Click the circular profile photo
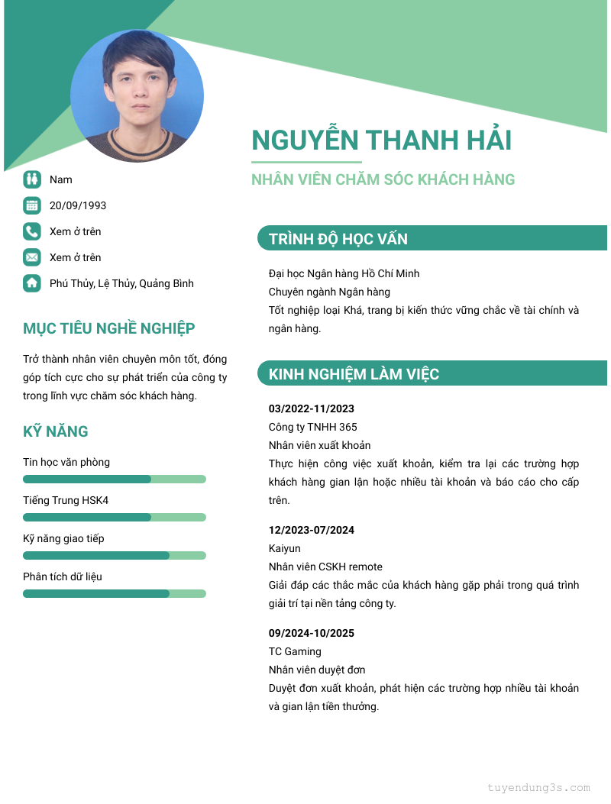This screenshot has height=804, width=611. coord(137,95)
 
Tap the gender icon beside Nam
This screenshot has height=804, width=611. coord(31,179)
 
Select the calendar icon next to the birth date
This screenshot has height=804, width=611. coord(31,205)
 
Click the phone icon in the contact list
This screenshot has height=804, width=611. coord(31,231)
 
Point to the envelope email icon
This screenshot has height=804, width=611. coord(31,257)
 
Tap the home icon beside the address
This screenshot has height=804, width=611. coord(31,283)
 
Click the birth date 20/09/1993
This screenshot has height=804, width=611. coord(78,205)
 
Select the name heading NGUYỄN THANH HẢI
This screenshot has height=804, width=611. coord(381,140)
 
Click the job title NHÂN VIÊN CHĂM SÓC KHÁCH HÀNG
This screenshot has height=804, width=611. coord(383,180)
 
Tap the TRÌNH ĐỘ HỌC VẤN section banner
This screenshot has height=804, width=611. coord(432,239)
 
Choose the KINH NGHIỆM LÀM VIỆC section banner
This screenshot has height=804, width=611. coord(432,374)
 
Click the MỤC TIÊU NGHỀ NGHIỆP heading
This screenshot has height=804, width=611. coord(109,329)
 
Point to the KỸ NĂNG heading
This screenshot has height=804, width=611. coord(56,431)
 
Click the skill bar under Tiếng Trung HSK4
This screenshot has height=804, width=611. coord(115,518)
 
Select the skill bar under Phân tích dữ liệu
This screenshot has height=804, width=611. coord(115,594)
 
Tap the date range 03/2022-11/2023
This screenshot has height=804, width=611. coord(312,408)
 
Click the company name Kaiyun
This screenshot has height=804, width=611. coord(285,548)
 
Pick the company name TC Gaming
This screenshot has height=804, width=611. coord(295,651)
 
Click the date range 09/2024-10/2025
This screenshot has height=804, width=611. coord(312,633)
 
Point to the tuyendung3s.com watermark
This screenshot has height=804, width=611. coord(538,788)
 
